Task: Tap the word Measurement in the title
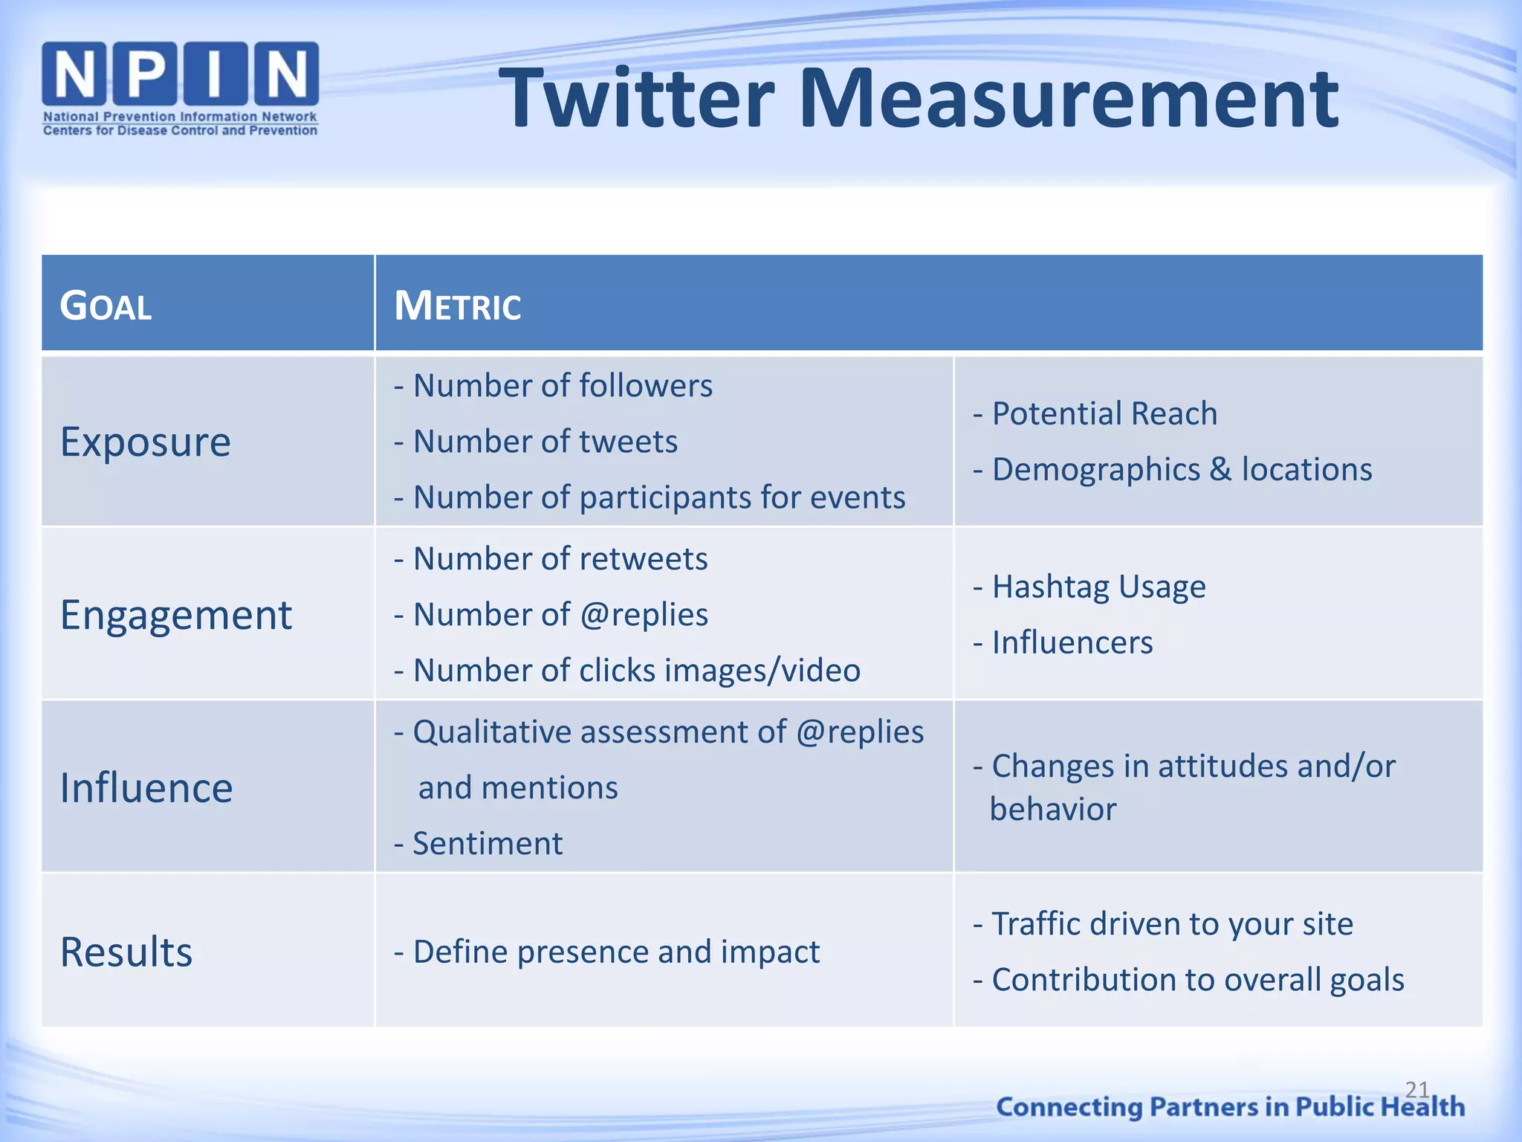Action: pos(1068,98)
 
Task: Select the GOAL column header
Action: pos(106,306)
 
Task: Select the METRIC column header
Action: pos(457,306)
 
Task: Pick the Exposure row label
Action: pos(146,442)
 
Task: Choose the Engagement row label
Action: pos(176,615)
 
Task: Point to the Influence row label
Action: pos(146,788)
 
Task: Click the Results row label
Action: pos(126,952)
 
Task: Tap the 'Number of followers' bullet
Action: pos(553,386)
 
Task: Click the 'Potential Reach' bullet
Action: pos(1095,413)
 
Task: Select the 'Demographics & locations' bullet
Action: pos(1173,469)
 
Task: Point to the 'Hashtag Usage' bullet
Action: pos(1089,587)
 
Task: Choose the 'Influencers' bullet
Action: pos(1063,642)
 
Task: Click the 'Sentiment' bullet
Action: pos(479,844)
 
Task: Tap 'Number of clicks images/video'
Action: pos(627,671)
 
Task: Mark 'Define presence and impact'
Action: pos(607,952)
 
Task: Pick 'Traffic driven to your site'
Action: pos(1164,924)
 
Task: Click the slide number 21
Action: pos(1416,1089)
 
